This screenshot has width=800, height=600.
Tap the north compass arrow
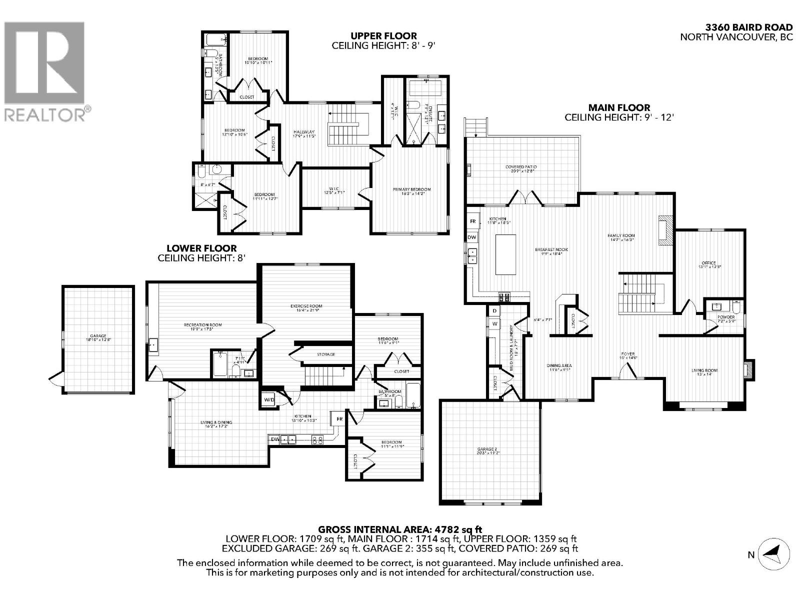[x=774, y=554]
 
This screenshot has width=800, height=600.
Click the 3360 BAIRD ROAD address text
[x=748, y=27]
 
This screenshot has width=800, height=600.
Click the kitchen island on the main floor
[x=505, y=254]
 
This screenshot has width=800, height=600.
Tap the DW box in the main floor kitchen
[x=472, y=237]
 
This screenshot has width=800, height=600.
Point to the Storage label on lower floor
[x=325, y=354]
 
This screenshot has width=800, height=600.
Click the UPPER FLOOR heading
[x=383, y=36]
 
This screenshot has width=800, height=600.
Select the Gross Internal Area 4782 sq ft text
[x=400, y=528]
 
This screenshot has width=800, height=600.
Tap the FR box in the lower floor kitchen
[x=339, y=418]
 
